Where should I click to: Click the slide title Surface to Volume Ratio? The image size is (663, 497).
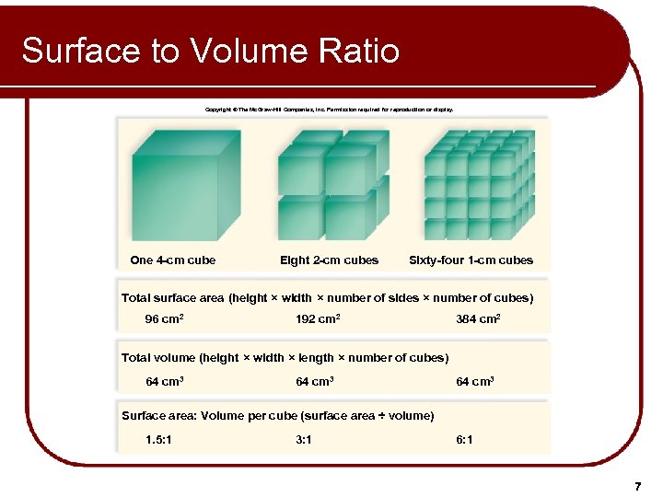pos(210,51)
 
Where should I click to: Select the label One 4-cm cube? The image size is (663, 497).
pos(173,260)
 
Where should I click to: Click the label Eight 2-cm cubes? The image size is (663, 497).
pos(329,260)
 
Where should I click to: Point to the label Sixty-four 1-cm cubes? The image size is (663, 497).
pos(471,260)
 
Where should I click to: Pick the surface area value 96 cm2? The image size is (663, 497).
pos(165,319)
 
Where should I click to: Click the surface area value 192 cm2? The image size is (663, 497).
pos(318,319)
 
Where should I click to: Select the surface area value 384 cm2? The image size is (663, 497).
pos(478,319)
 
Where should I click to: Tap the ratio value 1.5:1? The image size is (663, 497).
pos(161,440)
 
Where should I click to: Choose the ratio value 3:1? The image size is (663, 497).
pos(304,440)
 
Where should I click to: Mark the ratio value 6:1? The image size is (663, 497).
pos(465,440)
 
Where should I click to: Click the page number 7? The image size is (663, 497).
pos(636,485)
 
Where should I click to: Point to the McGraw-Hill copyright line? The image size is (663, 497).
pos(329,109)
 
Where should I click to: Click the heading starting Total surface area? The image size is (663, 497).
pos(327,298)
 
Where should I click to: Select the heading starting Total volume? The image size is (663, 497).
pos(285,358)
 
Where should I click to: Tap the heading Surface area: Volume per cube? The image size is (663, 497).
pos(277,416)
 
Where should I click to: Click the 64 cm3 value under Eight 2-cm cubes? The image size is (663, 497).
pos(314,381)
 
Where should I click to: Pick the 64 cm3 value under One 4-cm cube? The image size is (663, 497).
pos(165,381)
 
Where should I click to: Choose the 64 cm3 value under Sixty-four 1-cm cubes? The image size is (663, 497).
pos(475,381)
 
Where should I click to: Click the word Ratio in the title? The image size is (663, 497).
pos(361,51)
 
